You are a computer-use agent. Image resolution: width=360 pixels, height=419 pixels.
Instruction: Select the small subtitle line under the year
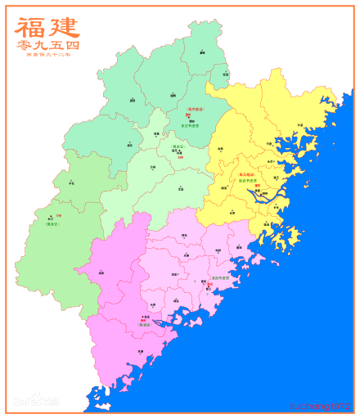47,56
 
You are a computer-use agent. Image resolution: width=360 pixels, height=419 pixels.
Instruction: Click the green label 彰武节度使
247,180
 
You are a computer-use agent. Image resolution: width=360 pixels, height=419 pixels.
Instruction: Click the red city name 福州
257,186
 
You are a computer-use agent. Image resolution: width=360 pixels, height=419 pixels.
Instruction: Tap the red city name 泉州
210,284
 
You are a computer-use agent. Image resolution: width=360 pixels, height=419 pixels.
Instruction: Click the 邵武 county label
133,101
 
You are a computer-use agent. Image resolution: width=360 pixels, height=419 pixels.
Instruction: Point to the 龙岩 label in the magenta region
101,273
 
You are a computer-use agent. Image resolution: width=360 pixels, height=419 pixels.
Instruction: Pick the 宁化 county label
71,182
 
